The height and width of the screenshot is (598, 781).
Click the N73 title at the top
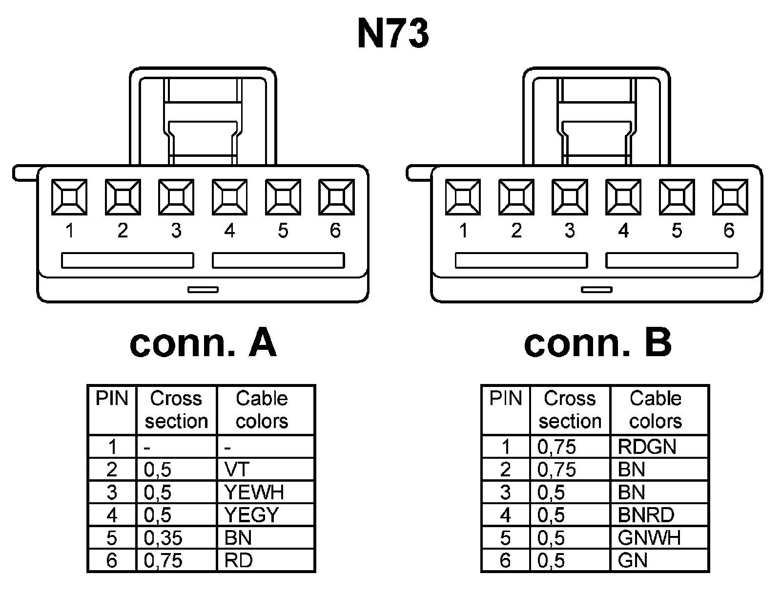[393, 34]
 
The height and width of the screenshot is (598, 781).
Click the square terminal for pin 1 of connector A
[69, 197]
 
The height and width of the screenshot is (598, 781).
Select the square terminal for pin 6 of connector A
[336, 197]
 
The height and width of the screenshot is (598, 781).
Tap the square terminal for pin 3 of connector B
[569, 197]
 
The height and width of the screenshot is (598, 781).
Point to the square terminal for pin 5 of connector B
[676, 197]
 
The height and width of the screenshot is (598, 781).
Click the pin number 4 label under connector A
[229, 230]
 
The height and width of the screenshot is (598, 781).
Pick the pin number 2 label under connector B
[516, 230]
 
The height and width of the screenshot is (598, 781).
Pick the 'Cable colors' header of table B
[656, 410]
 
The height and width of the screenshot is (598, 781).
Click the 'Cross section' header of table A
[176, 410]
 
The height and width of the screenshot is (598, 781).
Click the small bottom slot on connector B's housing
[596, 290]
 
